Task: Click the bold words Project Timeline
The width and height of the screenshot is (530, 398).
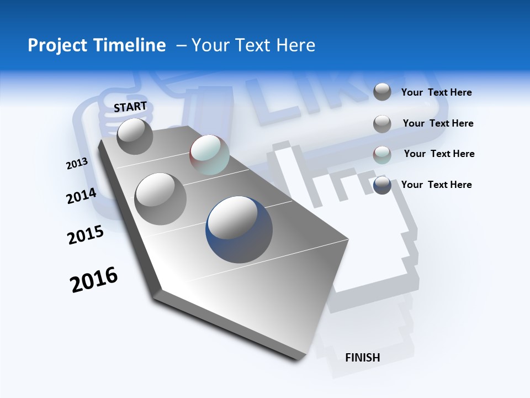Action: click(x=97, y=45)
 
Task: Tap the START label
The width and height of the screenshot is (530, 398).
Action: click(x=130, y=107)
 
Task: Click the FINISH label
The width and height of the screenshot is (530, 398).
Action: click(x=362, y=358)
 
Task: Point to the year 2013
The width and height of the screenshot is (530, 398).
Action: click(x=77, y=164)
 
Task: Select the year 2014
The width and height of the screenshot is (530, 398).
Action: click(x=81, y=196)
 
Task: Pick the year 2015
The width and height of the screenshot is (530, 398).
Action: click(x=86, y=235)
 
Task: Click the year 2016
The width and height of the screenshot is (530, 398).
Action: click(x=94, y=280)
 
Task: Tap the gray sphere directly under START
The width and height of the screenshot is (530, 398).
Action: click(x=135, y=136)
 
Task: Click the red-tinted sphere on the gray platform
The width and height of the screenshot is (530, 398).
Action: click(x=209, y=155)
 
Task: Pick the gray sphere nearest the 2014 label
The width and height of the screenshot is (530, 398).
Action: click(x=161, y=198)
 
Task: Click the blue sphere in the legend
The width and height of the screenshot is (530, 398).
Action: click(x=382, y=185)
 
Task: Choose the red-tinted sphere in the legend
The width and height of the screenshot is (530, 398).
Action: click(x=382, y=155)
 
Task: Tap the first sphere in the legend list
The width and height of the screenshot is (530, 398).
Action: click(x=382, y=92)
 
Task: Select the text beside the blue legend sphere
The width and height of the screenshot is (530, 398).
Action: click(x=436, y=185)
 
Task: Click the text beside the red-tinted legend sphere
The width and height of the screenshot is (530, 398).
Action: click(x=439, y=154)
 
